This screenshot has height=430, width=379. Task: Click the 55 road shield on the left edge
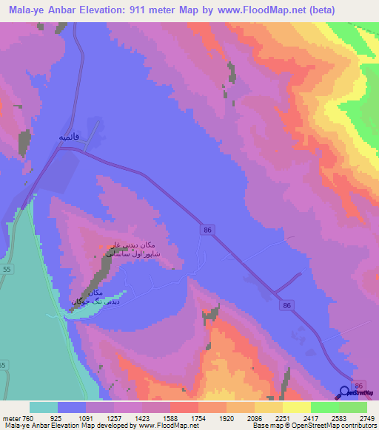[x=7, y=271]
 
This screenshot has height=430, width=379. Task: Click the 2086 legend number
[x=255, y=417]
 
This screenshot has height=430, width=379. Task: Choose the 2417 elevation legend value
[x=311, y=417]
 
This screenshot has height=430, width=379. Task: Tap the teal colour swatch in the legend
[x=44, y=407]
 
